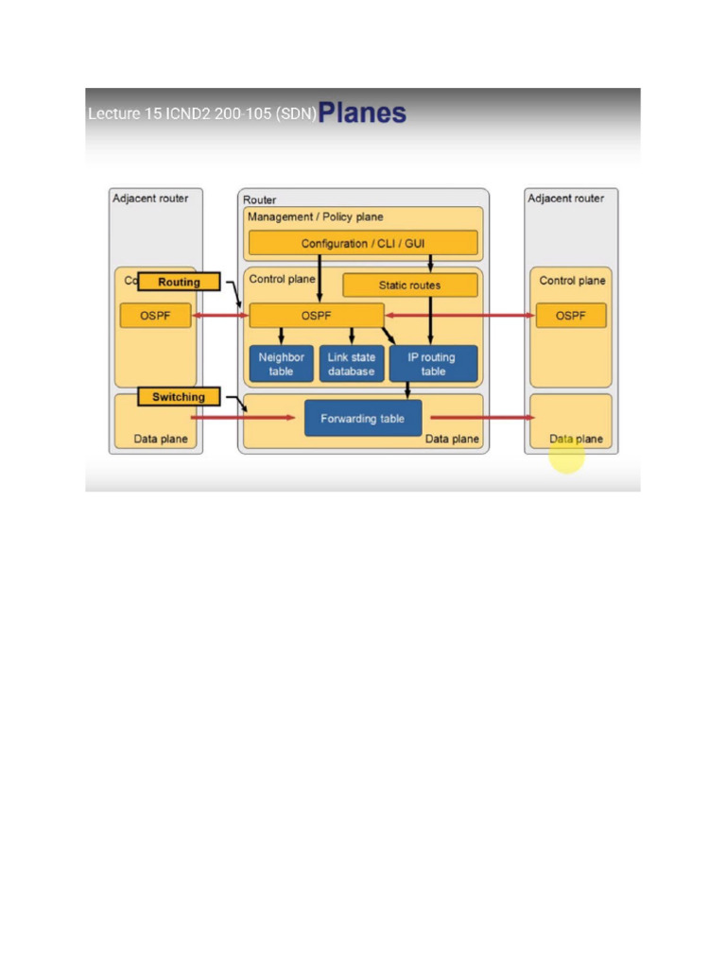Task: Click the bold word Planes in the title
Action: [362, 113]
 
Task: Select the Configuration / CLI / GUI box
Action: [363, 244]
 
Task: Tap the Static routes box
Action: [409, 285]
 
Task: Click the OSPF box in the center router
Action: [316, 316]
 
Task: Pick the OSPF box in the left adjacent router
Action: [155, 316]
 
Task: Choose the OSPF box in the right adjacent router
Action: [571, 316]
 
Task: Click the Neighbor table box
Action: [281, 364]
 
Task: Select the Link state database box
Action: [352, 364]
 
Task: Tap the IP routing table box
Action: [432, 364]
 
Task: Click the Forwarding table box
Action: [363, 418]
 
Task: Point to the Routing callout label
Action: [179, 282]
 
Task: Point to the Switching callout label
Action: [179, 397]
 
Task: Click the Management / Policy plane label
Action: [315, 217]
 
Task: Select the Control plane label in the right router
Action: [572, 281]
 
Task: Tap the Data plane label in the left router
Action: [160, 439]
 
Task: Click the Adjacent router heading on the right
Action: [565, 198]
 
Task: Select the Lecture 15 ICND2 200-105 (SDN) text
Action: [201, 114]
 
